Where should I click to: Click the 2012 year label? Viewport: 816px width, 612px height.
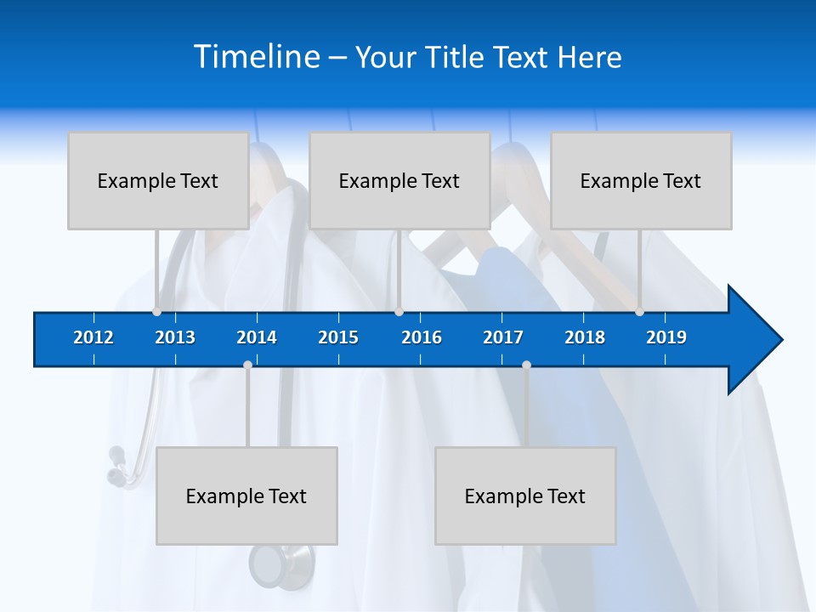pyautogui.click(x=93, y=337)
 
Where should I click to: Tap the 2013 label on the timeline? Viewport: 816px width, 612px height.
pyautogui.click(x=175, y=337)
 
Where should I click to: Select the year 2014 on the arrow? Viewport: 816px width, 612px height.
pyautogui.click(x=257, y=337)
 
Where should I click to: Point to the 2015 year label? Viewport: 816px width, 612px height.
pyautogui.click(x=338, y=337)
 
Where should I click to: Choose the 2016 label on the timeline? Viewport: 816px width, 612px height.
pyautogui.click(x=422, y=337)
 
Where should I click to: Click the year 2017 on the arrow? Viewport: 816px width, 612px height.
pyautogui.click(x=503, y=337)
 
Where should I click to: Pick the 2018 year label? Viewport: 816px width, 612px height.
pyautogui.click(x=585, y=337)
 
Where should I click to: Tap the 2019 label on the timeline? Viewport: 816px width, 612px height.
pyautogui.click(x=666, y=337)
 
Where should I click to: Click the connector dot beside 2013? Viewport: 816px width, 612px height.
pyautogui.click(x=156, y=312)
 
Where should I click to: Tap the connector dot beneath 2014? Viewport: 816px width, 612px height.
pyautogui.click(x=247, y=365)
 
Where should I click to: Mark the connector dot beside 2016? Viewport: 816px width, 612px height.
pyautogui.click(x=399, y=312)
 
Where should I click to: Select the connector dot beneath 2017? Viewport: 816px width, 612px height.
pyautogui.click(x=526, y=365)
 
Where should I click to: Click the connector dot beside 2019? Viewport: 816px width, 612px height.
pyautogui.click(x=639, y=312)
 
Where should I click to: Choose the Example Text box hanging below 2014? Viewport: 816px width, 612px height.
pyautogui.click(x=246, y=496)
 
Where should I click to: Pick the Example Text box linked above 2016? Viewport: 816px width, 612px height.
pyautogui.click(x=399, y=180)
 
